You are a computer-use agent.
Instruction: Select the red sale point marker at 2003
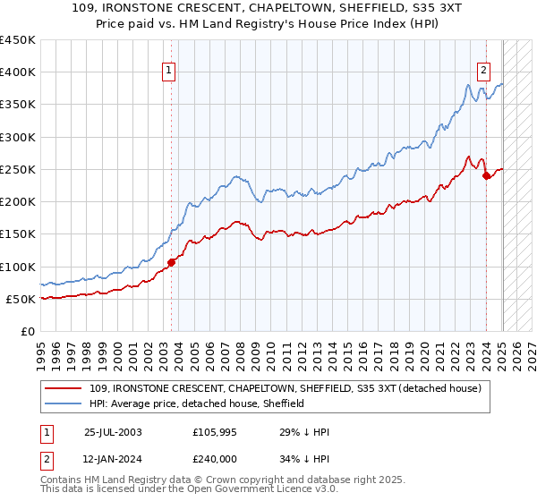click(x=172, y=262)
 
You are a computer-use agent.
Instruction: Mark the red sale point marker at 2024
click(x=486, y=176)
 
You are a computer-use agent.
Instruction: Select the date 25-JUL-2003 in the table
click(x=113, y=431)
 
